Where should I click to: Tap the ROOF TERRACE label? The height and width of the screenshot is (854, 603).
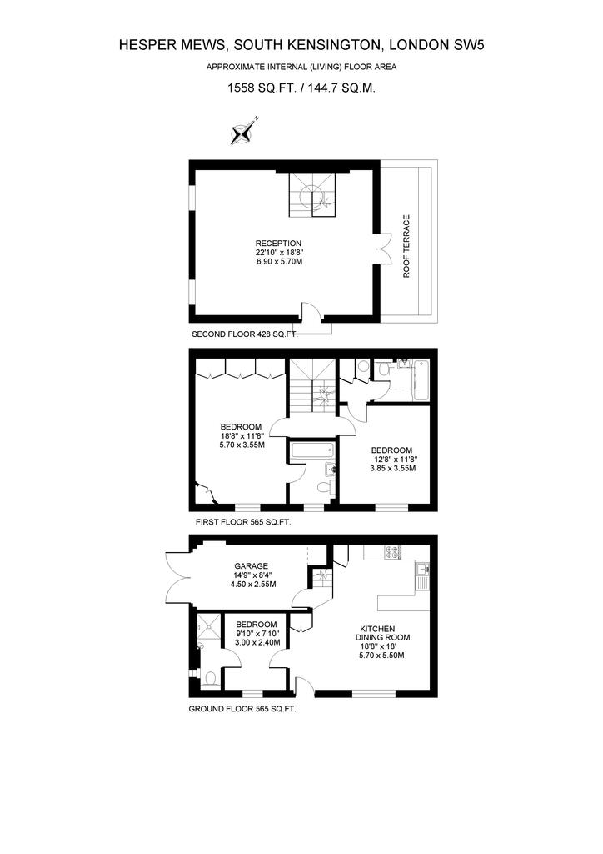click(406, 246)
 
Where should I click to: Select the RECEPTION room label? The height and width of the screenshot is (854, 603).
click(279, 243)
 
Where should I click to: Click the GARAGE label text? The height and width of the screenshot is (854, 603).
click(252, 566)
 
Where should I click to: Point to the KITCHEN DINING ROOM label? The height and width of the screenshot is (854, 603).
click(383, 633)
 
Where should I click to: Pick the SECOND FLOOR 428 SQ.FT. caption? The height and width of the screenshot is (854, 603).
click(245, 334)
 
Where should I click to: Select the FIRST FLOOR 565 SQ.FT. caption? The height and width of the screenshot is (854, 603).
click(243, 522)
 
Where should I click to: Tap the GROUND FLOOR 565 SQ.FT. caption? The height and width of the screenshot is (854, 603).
click(242, 709)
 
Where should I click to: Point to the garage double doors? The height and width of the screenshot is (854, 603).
click(177, 579)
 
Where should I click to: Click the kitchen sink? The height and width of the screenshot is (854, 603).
click(423, 570)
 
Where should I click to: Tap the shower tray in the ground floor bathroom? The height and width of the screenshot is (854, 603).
click(208, 626)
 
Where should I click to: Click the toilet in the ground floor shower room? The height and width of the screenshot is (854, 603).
click(210, 678)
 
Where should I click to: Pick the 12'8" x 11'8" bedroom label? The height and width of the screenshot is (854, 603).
click(391, 459)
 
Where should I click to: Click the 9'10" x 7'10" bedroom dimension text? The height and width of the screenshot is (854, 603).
click(257, 638)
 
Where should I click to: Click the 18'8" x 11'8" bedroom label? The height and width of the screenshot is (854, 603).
click(242, 435)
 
